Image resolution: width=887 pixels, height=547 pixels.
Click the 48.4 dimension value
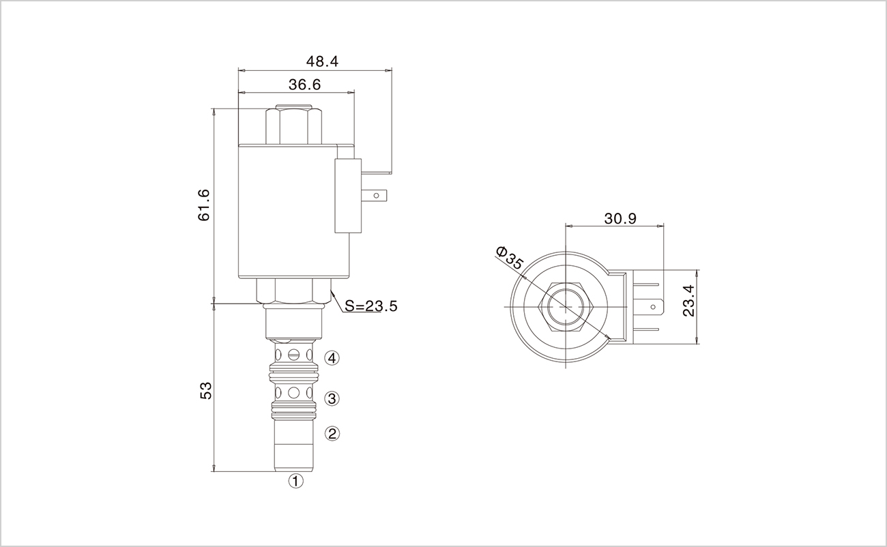322,61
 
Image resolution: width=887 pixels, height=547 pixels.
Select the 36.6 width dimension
304,85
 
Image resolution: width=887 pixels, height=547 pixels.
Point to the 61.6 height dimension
203,205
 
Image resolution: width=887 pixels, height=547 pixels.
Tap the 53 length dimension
206,390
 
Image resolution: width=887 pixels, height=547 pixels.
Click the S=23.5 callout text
371,306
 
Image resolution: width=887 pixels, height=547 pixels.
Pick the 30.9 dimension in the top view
620,218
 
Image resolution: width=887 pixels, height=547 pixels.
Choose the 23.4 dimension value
688,301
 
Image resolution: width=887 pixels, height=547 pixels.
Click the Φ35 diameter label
510,258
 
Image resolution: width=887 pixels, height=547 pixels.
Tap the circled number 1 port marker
295,481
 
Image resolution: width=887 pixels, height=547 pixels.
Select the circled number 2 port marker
332,433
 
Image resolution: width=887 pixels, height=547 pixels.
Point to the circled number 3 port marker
332,398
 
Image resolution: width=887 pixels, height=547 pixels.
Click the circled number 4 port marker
332,358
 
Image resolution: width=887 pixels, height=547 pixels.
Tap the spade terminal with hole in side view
374,196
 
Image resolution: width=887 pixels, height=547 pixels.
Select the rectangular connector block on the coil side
348,196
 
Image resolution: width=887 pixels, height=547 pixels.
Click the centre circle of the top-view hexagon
566,307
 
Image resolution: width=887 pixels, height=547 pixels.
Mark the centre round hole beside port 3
293,393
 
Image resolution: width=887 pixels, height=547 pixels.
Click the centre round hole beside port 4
293,354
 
